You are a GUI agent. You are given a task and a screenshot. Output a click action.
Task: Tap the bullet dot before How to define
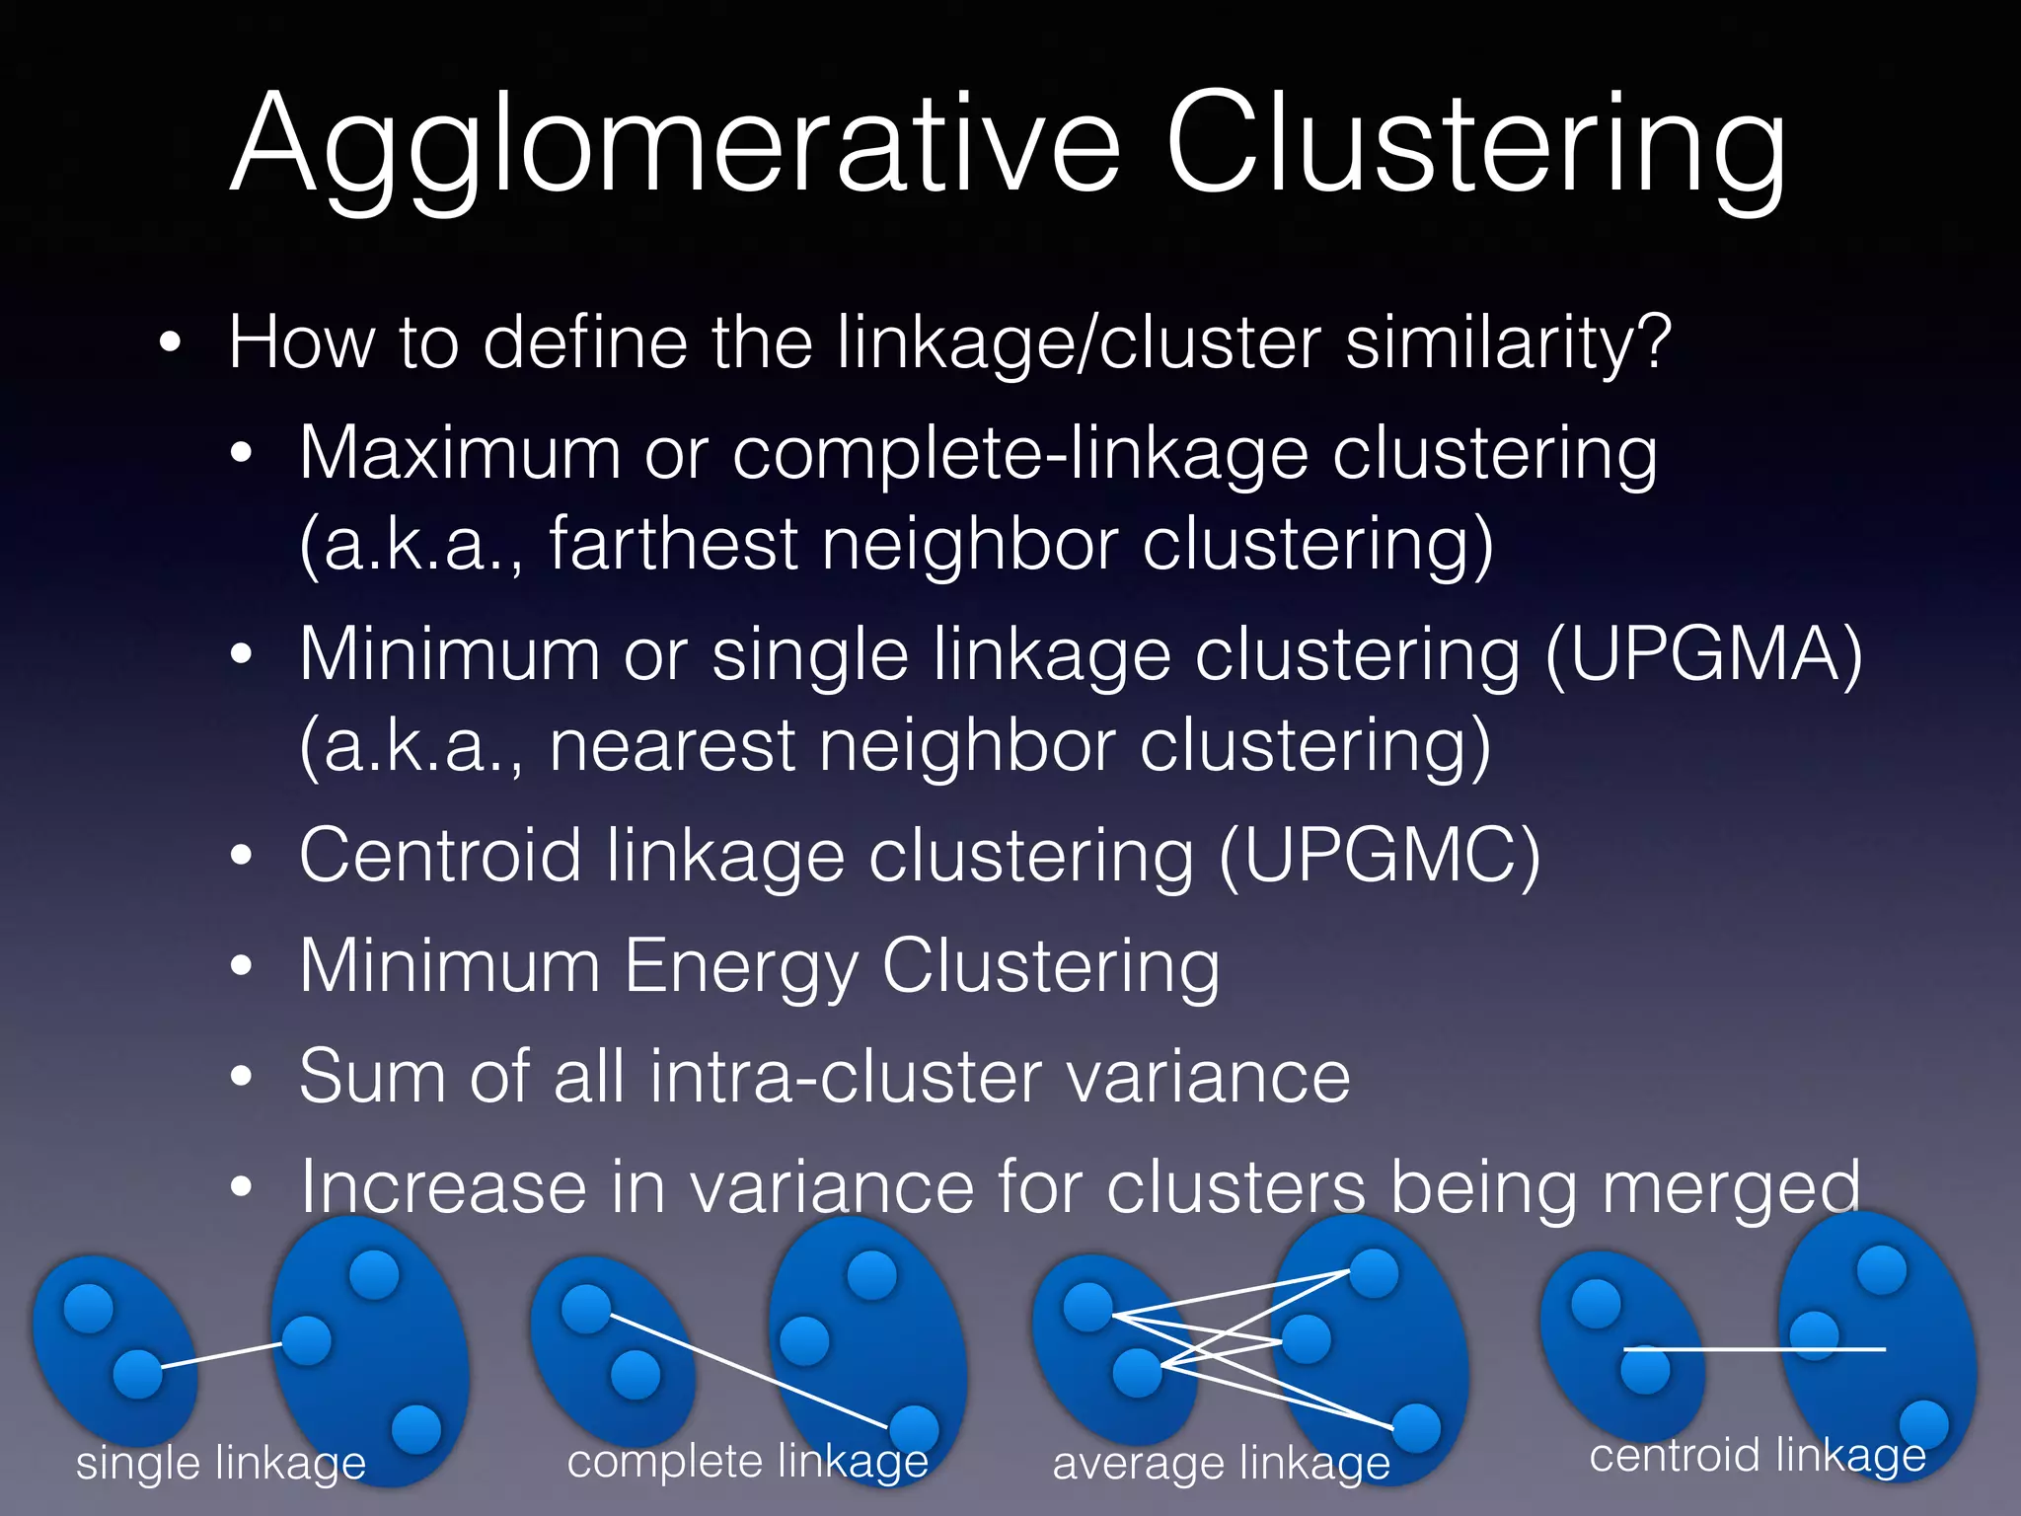click(x=171, y=343)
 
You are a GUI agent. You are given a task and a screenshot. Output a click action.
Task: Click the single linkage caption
click(x=221, y=1462)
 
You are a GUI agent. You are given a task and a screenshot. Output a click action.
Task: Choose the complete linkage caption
click(x=747, y=1461)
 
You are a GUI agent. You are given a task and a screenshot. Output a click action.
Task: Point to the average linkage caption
click(x=1221, y=1463)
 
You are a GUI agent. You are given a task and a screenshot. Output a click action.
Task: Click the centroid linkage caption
click(x=1757, y=1455)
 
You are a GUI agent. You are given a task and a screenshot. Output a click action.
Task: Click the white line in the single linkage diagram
click(x=222, y=1354)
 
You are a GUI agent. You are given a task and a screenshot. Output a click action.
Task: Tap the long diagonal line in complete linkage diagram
click(x=750, y=1372)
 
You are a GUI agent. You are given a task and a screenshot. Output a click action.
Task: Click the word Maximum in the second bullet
click(x=459, y=453)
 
